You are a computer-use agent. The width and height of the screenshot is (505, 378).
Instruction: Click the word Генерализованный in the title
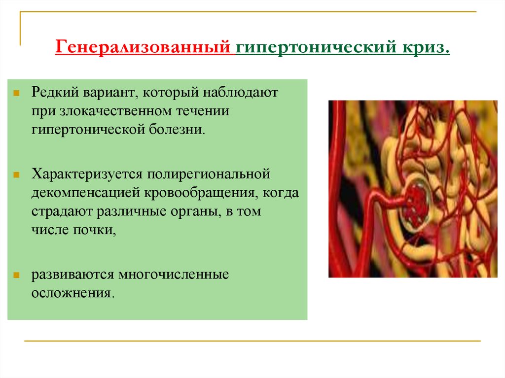(143, 48)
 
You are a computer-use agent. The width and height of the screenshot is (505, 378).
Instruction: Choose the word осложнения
(72, 293)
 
